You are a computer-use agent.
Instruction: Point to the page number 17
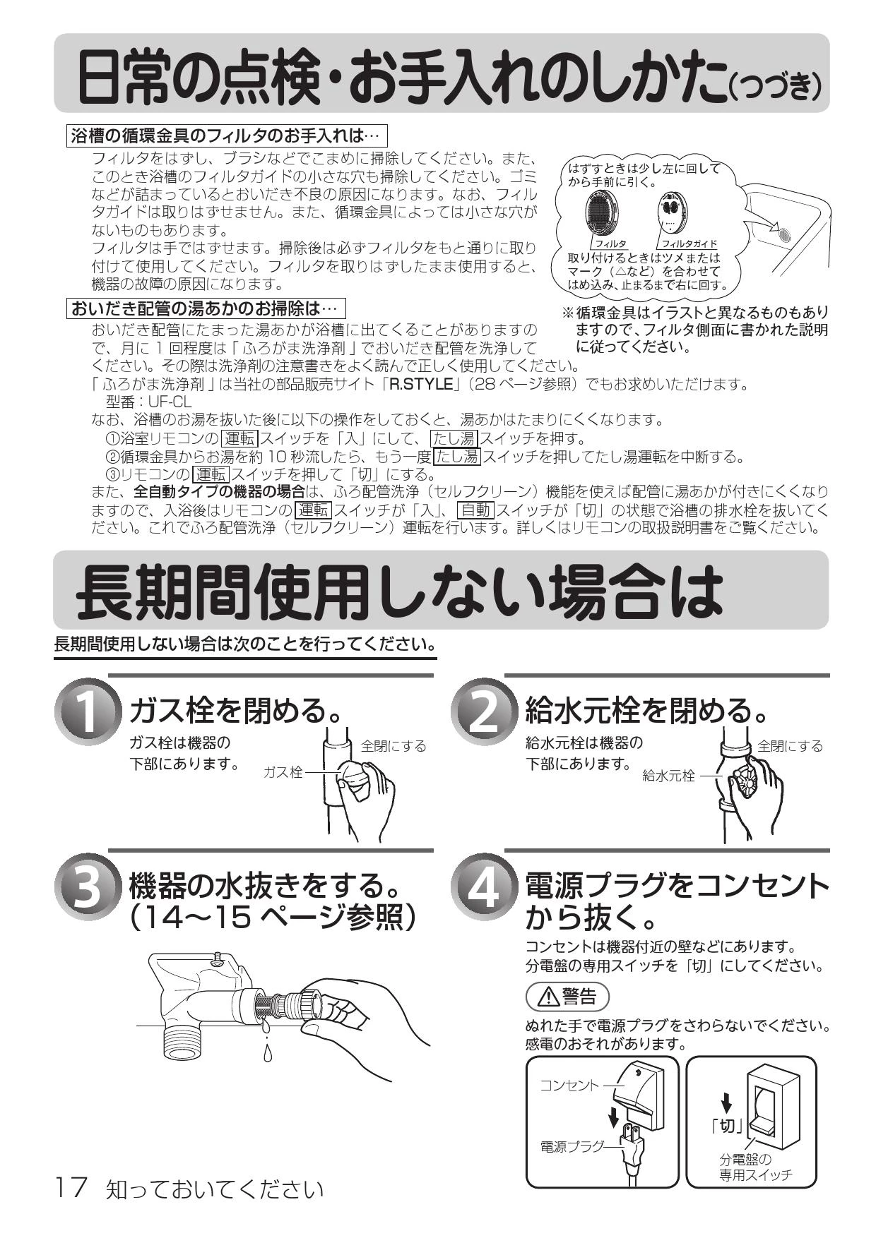[71, 1188]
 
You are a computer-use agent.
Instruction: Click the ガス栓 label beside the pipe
[283, 772]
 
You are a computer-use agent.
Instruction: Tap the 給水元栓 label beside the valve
[668, 776]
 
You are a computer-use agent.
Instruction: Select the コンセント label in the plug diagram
[569, 1085]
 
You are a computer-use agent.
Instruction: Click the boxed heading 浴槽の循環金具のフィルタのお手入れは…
[227, 134]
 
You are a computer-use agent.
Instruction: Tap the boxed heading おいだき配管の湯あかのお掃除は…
[206, 308]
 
